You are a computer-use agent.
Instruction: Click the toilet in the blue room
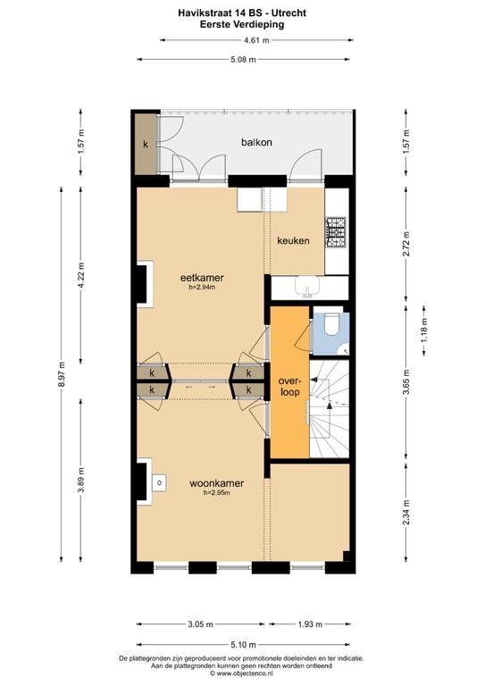(332, 323)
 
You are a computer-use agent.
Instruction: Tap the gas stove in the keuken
(335, 232)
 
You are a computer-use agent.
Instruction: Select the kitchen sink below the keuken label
(308, 287)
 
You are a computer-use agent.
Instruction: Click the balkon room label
(256, 142)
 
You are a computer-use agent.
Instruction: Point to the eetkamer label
(202, 278)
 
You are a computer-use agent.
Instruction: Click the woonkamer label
(216, 483)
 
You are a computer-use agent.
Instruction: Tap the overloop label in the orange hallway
(290, 386)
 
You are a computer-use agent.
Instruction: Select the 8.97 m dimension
(62, 374)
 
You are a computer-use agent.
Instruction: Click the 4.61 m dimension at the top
(256, 40)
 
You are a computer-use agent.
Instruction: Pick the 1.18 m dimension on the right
(423, 330)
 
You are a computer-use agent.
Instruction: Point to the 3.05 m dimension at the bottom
(201, 624)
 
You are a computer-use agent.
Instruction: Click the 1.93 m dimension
(310, 624)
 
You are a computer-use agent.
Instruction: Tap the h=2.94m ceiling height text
(202, 288)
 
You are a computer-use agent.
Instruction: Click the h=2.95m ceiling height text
(216, 493)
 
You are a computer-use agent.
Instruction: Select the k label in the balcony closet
(146, 144)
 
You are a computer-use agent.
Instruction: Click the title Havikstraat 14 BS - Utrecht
(242, 13)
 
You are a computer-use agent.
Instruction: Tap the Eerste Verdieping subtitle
(242, 24)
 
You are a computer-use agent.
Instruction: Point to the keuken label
(294, 240)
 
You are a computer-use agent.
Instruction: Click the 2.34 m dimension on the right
(406, 513)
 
